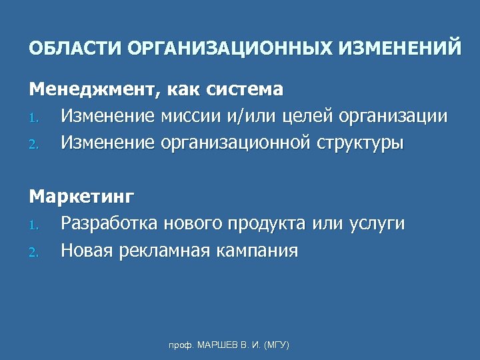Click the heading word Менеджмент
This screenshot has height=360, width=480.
[x=86, y=89]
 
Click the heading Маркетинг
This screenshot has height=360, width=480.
[x=81, y=197]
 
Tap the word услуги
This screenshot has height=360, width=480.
[x=377, y=225]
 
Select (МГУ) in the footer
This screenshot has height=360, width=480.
[x=275, y=345]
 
